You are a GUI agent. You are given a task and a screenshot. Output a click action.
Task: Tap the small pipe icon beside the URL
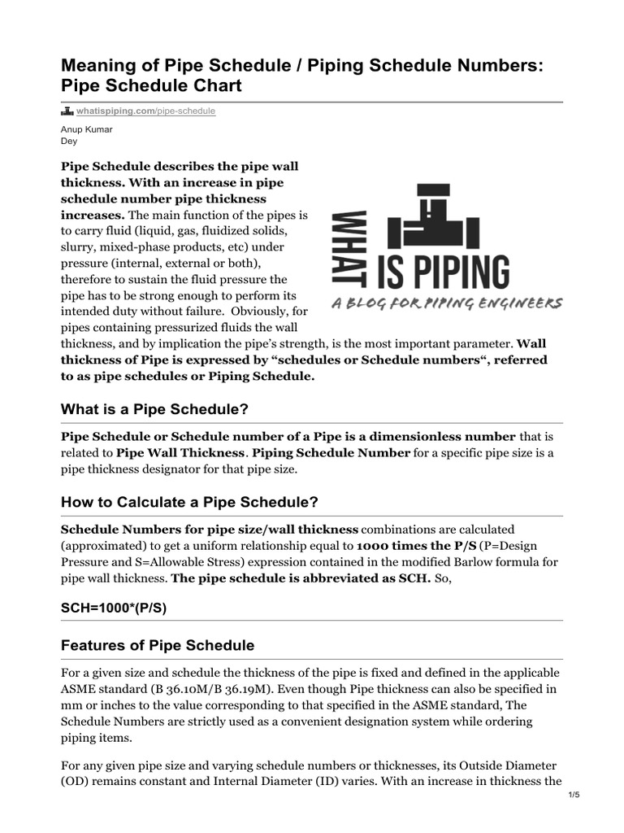pyautogui.click(x=67, y=111)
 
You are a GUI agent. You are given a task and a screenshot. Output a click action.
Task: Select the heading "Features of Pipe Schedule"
pyautogui.click(x=158, y=645)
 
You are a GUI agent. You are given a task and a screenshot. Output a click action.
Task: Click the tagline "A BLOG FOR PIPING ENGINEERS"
pyautogui.click(x=446, y=303)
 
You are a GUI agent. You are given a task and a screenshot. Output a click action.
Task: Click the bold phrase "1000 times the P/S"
pyautogui.click(x=416, y=546)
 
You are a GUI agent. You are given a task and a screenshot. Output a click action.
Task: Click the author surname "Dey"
pyautogui.click(x=69, y=140)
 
